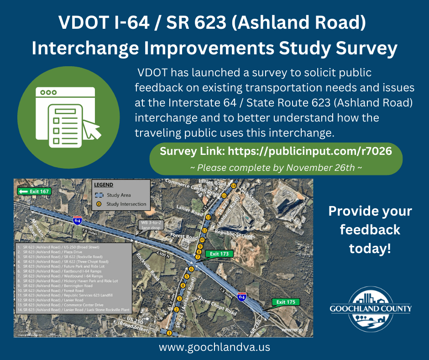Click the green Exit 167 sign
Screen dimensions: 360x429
coord(34,191)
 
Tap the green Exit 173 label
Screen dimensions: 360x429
coord(219,254)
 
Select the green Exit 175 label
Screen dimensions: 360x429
coord(285,302)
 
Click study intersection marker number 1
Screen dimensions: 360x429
coord(169,333)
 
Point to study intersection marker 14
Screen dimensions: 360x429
coord(233,186)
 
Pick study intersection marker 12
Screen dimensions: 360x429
coord(208,217)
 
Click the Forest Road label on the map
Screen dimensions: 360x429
coord(184,237)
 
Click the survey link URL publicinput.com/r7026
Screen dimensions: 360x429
coord(309,151)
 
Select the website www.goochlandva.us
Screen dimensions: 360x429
coord(214,347)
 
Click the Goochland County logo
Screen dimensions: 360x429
coord(371,310)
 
